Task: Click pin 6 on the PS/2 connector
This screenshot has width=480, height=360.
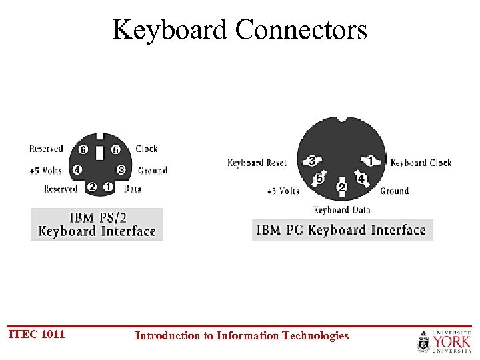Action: (x=83, y=149)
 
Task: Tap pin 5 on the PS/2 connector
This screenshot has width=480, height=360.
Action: (x=116, y=149)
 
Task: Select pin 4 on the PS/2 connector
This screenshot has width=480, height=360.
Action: (x=77, y=169)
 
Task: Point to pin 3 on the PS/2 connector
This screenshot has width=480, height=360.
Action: (x=121, y=169)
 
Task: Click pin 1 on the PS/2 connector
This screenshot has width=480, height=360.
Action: (x=108, y=188)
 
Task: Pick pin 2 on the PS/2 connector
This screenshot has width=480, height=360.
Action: (x=92, y=188)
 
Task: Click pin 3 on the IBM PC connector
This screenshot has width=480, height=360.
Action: (x=312, y=161)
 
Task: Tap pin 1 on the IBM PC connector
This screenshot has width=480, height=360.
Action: (x=370, y=161)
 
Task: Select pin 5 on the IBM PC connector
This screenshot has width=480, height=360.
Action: (x=320, y=179)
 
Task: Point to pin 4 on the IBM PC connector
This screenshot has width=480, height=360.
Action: (x=361, y=179)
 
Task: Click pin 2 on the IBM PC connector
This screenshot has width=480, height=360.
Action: (x=341, y=188)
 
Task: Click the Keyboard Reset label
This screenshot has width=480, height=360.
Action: (x=257, y=163)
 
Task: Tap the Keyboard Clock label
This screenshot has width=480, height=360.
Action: (x=421, y=163)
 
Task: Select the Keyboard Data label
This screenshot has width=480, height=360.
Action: (x=341, y=210)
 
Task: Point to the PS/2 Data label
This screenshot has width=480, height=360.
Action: (x=133, y=189)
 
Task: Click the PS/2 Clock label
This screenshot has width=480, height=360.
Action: (x=146, y=149)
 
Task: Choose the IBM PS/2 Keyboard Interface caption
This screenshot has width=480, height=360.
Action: (x=97, y=225)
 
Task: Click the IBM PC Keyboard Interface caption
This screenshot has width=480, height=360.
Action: (x=342, y=230)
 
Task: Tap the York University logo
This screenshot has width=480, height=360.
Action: (x=444, y=340)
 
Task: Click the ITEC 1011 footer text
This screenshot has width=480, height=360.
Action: (x=37, y=334)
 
